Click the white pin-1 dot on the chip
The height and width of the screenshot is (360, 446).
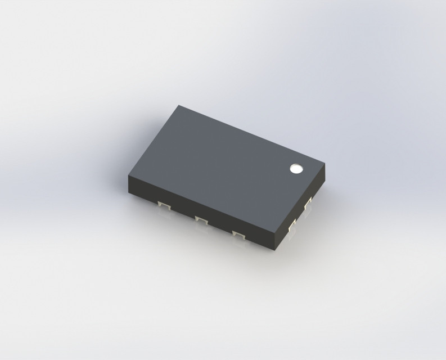coord(295,168)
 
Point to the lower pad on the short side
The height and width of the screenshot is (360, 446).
coord(291,226)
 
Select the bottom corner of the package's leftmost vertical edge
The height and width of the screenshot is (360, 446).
coord(129,192)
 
